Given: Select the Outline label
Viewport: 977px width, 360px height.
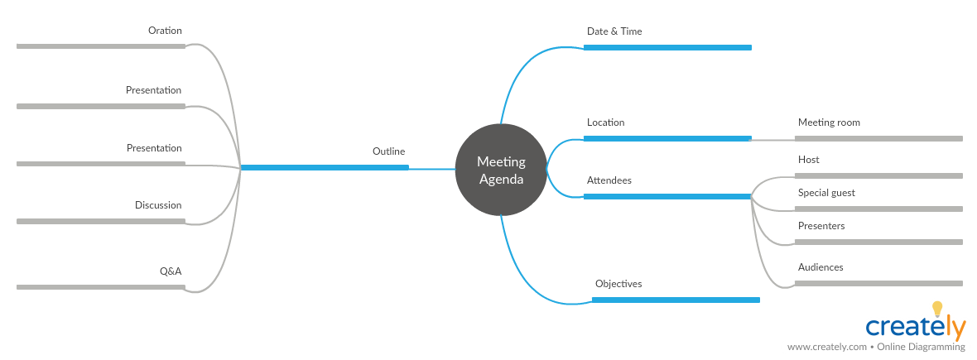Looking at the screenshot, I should [x=388, y=151].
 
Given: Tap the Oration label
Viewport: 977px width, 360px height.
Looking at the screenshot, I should [x=165, y=31].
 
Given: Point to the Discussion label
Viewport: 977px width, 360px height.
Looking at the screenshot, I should [x=158, y=205].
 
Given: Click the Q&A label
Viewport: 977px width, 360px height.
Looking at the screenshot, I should [x=171, y=271].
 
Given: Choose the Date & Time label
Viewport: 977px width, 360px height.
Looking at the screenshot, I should [x=614, y=31].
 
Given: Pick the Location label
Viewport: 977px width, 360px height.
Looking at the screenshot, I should [x=605, y=122].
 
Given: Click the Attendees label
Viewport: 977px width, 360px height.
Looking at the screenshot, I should [x=609, y=180].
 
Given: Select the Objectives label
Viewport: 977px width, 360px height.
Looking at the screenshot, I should [x=618, y=284].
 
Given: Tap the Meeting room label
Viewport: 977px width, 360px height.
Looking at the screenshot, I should [x=829, y=122].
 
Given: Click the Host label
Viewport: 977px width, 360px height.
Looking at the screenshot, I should [x=808, y=160].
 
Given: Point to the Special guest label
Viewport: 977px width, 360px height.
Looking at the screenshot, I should [x=826, y=193].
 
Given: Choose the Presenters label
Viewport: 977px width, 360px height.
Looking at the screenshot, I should [x=821, y=226].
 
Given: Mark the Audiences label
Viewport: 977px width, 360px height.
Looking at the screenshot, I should [x=821, y=267].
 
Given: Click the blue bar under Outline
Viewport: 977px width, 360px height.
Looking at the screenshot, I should [x=325, y=167].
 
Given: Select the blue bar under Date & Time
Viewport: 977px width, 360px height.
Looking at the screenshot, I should [x=667, y=47].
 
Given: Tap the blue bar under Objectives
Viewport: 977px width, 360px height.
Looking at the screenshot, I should [x=676, y=300].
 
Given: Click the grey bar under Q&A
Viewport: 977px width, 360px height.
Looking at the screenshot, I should [x=101, y=287].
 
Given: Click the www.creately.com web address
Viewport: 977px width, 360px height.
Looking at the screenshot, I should [x=826, y=347].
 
